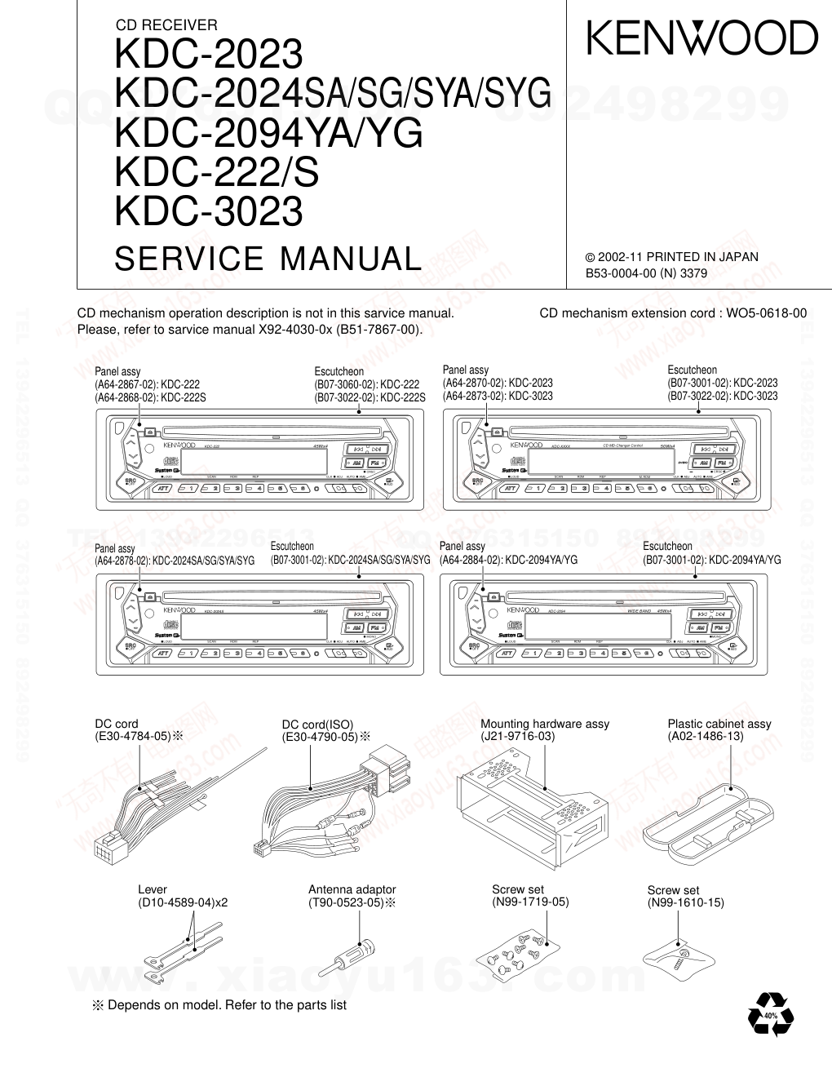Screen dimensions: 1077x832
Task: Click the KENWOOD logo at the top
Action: pyautogui.click(x=701, y=38)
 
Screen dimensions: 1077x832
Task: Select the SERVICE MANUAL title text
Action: pyautogui.click(x=268, y=259)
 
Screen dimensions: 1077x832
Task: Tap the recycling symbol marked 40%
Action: pyautogui.click(x=770, y=1016)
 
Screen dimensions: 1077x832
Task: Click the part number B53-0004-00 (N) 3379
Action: pyautogui.click(x=646, y=274)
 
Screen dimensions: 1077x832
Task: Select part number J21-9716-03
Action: pyautogui.click(x=517, y=736)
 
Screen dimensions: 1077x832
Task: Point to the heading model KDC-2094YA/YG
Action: pyautogui.click(x=270, y=133)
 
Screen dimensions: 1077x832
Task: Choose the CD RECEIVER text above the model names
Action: pyautogui.click(x=167, y=25)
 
